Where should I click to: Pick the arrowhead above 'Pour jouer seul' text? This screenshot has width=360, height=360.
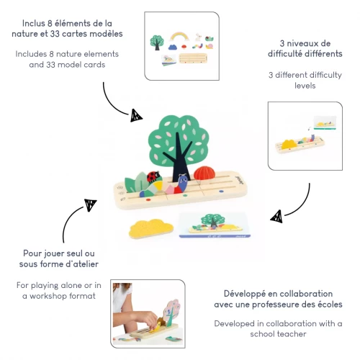coord(91,205)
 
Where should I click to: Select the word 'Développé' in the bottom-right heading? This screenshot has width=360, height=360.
coord(241,294)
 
